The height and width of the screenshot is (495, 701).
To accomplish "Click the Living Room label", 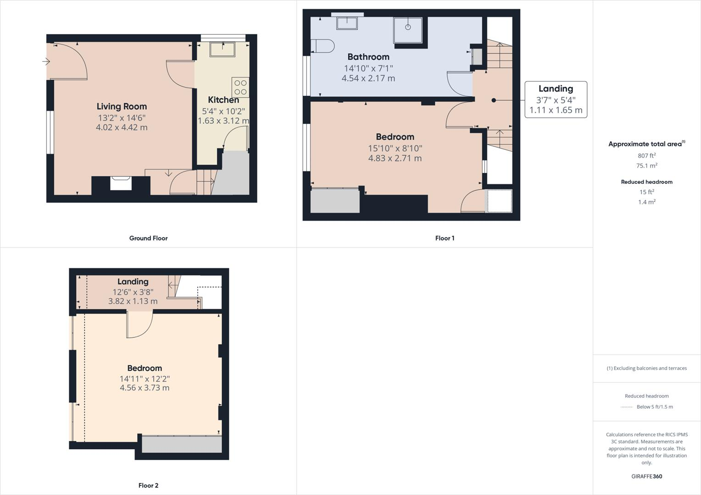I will point(122,106).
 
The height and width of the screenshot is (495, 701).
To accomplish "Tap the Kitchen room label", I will point(223,100).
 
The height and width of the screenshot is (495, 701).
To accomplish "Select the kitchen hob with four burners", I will point(240,87).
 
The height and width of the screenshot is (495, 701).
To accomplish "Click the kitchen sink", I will point(223,49).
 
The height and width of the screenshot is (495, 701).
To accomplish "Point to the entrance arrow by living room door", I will point(46,61).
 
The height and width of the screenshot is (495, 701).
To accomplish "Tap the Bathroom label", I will point(368,57).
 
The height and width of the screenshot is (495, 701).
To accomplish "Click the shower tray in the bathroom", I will point(408,30).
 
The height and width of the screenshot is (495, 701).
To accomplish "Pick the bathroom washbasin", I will point(347,23).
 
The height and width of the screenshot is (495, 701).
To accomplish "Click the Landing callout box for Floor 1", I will point(556,99).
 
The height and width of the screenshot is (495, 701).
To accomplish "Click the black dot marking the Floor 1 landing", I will point(494,100).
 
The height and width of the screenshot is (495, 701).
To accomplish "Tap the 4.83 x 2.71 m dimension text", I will point(395,159).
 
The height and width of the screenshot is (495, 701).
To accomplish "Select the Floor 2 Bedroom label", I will point(145,368).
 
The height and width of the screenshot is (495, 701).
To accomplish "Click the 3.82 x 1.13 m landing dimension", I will point(133,301).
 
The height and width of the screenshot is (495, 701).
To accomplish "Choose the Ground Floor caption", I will point(148,238).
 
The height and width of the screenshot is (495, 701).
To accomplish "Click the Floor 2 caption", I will point(148,485).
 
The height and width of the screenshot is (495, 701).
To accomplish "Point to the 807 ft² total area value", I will point(646,156).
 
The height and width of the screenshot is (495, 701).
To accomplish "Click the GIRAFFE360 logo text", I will point(646,476).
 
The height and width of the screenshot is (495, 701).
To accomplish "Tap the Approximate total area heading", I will point(645,144).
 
